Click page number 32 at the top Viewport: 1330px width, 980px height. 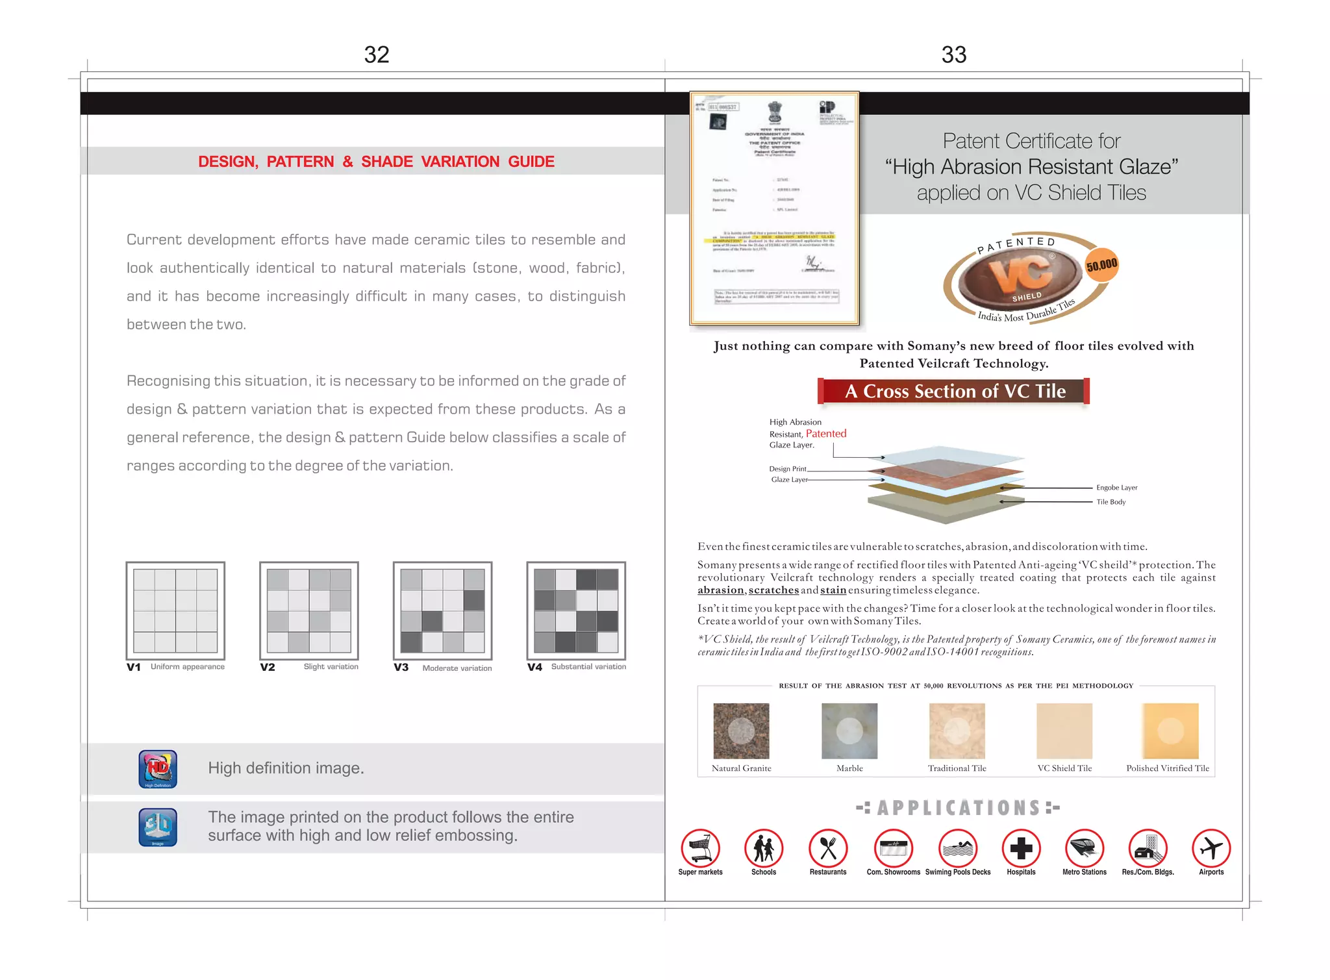tap(376, 55)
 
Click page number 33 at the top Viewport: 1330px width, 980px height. tap(953, 55)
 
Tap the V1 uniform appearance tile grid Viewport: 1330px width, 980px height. tap(175, 610)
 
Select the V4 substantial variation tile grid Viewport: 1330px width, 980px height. tap(576, 610)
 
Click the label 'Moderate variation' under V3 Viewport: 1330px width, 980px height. tap(457, 668)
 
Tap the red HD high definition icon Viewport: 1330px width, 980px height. tap(158, 769)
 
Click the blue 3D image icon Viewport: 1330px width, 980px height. tap(158, 827)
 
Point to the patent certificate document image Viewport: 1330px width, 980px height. tap(774, 208)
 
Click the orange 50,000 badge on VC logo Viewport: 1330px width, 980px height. tap(1102, 265)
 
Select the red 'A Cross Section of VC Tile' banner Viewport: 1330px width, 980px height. tap(953, 391)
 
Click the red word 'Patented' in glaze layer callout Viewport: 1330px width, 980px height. tap(825, 433)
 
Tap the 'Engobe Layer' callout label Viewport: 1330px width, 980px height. tap(1116, 488)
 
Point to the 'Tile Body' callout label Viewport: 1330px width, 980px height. tap(1110, 502)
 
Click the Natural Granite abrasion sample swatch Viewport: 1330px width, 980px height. tap(741, 731)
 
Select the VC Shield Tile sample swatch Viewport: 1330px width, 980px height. tap(1064, 731)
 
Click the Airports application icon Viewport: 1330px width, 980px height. tap(1211, 848)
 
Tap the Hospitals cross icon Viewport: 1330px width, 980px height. tap(1021, 848)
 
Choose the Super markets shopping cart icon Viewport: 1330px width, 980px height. tap(700, 848)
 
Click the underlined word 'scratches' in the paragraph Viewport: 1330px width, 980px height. tap(773, 590)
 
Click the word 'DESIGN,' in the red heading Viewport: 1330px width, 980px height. tap(228, 162)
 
